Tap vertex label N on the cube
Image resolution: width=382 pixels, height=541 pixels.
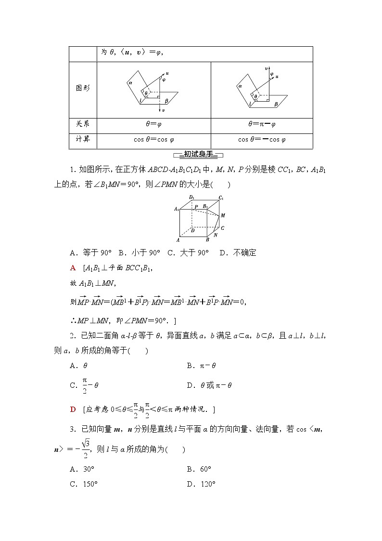pyautogui.click(x=216, y=236)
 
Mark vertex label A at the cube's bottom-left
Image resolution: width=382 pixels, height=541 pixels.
pyautogui.click(x=178, y=240)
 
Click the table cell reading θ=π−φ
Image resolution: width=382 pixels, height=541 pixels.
pyautogui.click(x=262, y=124)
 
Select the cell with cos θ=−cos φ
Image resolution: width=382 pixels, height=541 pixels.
pyautogui.click(x=262, y=140)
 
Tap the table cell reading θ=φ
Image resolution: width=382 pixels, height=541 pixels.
pyautogui.click(x=153, y=124)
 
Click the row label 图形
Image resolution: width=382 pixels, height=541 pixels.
pyautogui.click(x=83, y=89)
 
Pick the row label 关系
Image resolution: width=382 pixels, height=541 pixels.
pyautogui.click(x=83, y=124)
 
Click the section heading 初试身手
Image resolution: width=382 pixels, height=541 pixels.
pyautogui.click(x=198, y=155)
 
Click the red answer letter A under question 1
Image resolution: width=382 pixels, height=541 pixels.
pyautogui.click(x=73, y=267)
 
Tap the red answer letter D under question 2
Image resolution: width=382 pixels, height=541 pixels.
pyautogui.click(x=73, y=409)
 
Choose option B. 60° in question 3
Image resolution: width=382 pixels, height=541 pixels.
pyautogui.click(x=199, y=469)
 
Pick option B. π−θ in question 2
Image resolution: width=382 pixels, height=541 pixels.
pyautogui.click(x=201, y=366)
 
